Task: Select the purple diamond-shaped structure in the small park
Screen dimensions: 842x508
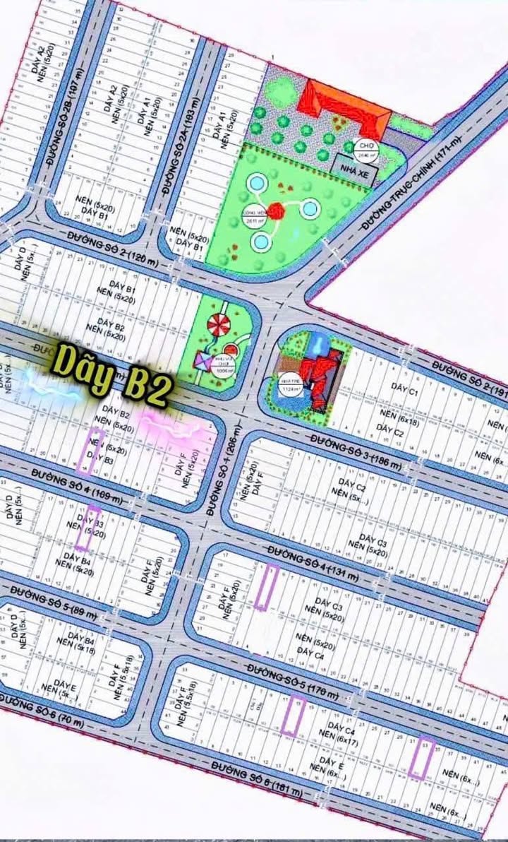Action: (203, 362)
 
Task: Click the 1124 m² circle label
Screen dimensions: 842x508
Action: (289, 382)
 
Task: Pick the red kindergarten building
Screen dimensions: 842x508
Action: (321, 378)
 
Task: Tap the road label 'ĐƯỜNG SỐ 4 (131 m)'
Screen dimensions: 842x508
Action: (313, 562)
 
